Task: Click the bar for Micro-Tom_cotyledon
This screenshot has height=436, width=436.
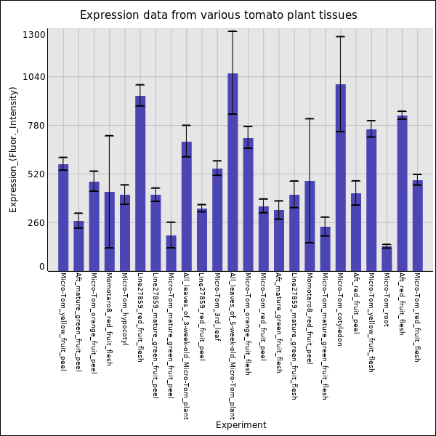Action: click(x=340, y=177)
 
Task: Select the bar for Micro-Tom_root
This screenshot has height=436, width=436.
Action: click(x=387, y=259)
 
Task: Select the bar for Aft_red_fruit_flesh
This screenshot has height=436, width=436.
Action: click(x=402, y=193)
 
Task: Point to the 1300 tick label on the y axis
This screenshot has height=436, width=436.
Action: click(x=34, y=35)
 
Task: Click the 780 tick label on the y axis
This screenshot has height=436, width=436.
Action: click(x=37, y=126)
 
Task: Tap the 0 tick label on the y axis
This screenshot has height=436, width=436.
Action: click(x=42, y=267)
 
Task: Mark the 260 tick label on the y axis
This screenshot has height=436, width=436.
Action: click(x=37, y=223)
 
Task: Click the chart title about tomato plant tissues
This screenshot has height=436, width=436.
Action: click(x=218, y=15)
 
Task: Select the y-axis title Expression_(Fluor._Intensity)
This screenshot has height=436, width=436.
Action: click(x=13, y=149)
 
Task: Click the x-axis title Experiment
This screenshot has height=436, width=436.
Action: click(x=241, y=425)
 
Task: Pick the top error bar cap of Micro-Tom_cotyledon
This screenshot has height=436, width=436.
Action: click(x=340, y=36)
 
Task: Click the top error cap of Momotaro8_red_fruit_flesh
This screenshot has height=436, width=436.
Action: click(x=109, y=136)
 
